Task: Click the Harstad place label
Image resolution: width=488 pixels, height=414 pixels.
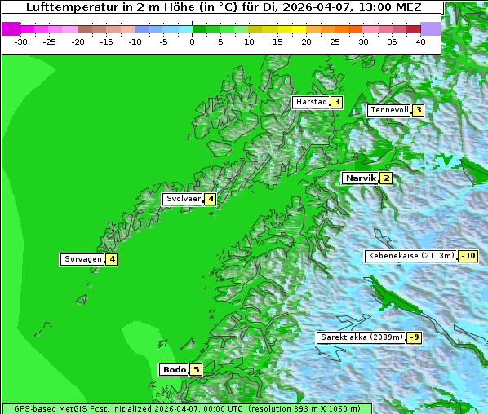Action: tap(311, 102)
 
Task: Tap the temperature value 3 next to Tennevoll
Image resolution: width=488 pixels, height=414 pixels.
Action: tap(418, 110)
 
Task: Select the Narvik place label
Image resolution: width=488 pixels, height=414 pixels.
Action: tap(360, 178)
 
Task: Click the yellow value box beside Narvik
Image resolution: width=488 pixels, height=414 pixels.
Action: tap(386, 178)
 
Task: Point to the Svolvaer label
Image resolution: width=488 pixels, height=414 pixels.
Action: tap(183, 199)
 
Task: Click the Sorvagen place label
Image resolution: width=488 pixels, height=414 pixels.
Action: tap(82, 259)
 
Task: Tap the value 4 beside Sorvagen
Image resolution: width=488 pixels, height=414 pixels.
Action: tap(112, 259)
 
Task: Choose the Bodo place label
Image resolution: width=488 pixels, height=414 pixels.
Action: tap(174, 369)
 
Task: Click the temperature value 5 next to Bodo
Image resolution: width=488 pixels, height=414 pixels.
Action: tap(196, 369)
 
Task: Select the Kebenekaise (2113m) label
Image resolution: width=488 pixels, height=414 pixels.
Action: tap(410, 256)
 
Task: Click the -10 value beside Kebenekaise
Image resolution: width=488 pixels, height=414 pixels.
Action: tap(468, 256)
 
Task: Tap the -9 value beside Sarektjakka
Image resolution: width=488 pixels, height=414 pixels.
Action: tap(415, 337)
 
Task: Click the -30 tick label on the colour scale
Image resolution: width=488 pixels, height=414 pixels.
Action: tap(22, 41)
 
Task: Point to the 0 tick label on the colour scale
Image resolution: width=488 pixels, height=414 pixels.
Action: tap(192, 41)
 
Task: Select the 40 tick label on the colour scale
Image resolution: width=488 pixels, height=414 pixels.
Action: tap(420, 41)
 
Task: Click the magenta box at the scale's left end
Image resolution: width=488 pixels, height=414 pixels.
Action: tap(11, 29)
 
